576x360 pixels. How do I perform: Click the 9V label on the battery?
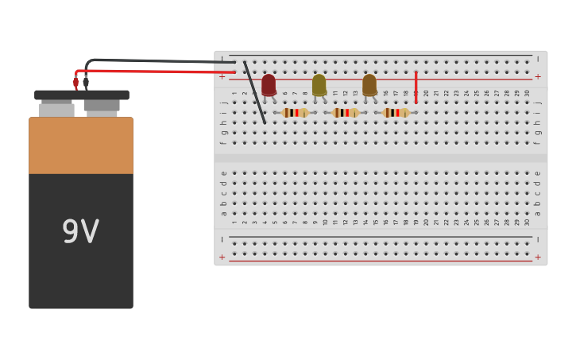pos(80,232)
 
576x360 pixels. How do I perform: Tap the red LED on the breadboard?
pos(269,84)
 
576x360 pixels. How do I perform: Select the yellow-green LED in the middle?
pos(319,84)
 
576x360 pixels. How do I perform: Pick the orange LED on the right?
pos(369,84)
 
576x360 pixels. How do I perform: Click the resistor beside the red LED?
pos(295,113)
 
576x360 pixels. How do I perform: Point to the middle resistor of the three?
pos(345,113)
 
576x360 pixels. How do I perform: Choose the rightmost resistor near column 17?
pos(395,113)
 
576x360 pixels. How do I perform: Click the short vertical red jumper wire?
pos(416,87)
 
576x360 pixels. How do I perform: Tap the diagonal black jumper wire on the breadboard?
pos(255,92)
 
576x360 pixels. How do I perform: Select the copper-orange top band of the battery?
pos(81,145)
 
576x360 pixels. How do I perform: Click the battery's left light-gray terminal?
pos(56,109)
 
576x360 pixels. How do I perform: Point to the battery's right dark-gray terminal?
pos(102,106)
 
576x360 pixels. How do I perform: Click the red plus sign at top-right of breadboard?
pos(538,77)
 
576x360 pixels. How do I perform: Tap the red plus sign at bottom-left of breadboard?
pos(222,257)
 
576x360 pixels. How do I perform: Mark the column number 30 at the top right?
pos(527,93)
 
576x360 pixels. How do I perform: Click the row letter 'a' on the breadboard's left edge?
pos(223,213)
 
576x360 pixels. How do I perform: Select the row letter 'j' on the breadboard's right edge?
pos(538,103)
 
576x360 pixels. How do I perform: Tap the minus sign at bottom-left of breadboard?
pos(222,239)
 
